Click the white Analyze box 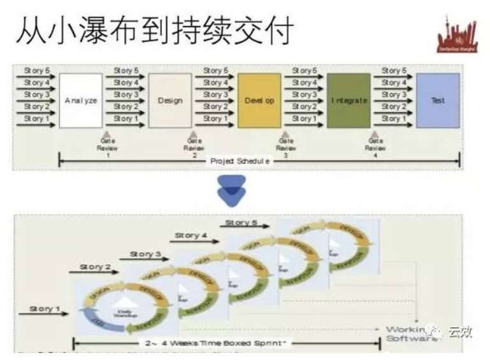pyautogui.click(x=81, y=101)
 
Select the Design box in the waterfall pyautogui.click(x=170, y=101)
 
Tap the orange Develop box pyautogui.click(x=259, y=101)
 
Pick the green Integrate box pyautogui.click(x=349, y=101)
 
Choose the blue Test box pyautogui.click(x=438, y=101)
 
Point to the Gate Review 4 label pyautogui.click(x=375, y=147)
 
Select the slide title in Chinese pyautogui.click(x=153, y=32)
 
